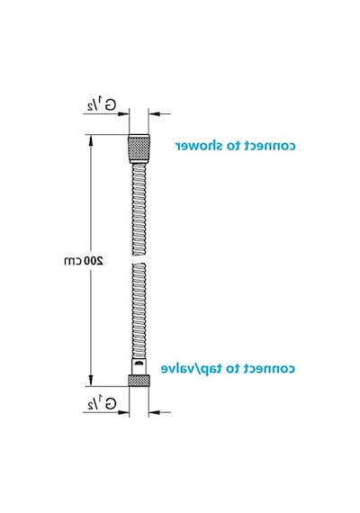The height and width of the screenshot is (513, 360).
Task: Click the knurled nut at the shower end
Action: point(139,147)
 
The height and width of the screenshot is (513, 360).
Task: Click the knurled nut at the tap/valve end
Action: point(139,381)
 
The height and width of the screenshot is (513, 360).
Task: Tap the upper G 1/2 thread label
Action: point(102,104)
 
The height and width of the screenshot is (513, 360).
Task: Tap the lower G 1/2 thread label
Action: point(102,403)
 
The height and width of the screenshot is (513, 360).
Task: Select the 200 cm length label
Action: point(84,261)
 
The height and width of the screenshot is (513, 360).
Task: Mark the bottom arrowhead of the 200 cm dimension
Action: point(91,381)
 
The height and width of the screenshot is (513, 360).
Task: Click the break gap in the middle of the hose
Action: point(139,259)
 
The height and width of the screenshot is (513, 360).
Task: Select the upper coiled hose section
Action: point(139,210)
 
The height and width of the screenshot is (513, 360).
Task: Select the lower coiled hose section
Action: point(139,310)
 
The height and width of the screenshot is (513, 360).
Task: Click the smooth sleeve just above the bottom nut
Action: point(139,367)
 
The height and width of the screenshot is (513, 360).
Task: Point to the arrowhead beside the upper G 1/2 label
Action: point(123,114)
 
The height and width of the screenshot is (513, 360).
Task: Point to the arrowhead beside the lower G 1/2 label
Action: point(123,412)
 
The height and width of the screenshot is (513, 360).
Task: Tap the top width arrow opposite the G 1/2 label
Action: point(154,114)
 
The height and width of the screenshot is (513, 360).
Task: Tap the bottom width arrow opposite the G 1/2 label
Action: point(154,412)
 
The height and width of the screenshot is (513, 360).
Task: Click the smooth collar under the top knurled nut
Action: point(139,161)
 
